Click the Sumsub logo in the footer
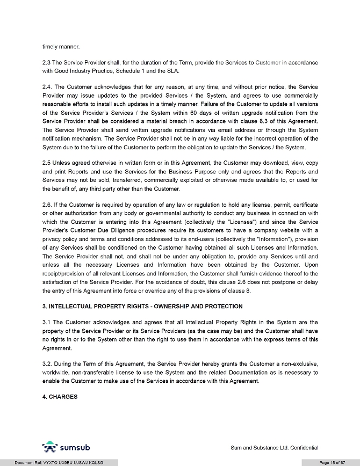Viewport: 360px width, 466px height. point(66,447)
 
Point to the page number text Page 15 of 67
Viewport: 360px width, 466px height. point(332,462)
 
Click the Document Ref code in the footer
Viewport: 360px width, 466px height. point(59,462)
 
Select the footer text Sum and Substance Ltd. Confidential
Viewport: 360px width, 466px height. point(274,447)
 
